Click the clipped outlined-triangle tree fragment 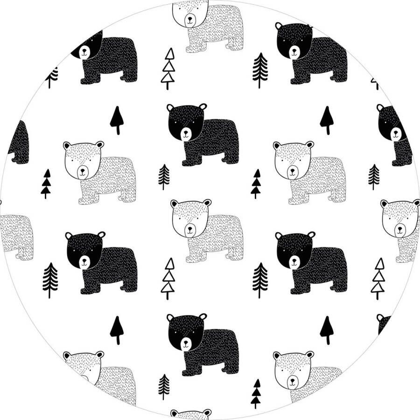tap(374, 83)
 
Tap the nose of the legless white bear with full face tap(293, 380)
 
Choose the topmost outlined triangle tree tap(168, 68)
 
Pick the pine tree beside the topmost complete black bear tap(260, 70)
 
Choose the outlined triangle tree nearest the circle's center tap(168, 278)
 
